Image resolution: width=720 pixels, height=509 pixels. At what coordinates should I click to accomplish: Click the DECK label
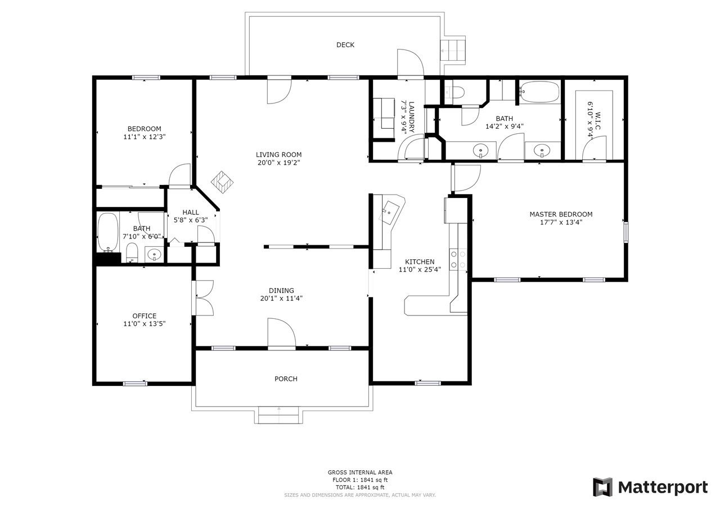(345, 45)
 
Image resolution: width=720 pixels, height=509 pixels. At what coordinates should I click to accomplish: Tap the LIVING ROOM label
(278, 155)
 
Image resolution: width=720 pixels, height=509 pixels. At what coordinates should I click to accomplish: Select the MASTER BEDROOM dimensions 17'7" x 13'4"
(561, 222)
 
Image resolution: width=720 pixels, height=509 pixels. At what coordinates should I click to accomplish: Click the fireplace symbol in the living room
(222, 182)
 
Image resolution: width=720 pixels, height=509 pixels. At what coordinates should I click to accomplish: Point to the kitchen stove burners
(458, 260)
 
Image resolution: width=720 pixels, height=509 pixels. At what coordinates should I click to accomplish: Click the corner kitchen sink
(390, 212)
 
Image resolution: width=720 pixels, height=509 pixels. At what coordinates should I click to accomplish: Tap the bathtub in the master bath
(539, 92)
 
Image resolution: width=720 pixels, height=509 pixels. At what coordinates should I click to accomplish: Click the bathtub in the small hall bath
(108, 232)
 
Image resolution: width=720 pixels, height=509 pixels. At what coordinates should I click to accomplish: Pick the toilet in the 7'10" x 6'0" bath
(132, 253)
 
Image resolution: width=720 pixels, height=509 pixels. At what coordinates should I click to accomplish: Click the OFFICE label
(145, 316)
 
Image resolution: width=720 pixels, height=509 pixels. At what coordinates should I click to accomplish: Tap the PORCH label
(286, 379)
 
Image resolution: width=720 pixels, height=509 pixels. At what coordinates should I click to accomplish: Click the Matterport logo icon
(603, 487)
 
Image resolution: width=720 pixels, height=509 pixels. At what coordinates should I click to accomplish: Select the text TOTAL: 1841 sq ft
(360, 488)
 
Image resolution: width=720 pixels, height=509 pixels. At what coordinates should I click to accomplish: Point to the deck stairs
(453, 51)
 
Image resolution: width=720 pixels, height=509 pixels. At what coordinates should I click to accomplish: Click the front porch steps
(278, 416)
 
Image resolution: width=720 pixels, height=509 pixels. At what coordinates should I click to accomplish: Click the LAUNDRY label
(411, 118)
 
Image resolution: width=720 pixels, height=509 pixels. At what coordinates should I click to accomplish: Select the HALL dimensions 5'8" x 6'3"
(191, 220)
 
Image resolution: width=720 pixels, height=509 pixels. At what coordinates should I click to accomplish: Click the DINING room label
(281, 290)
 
